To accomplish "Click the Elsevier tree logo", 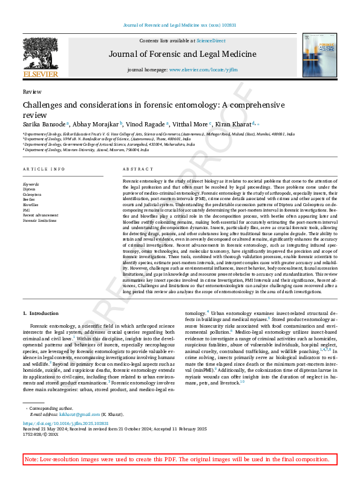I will tap(39, 54).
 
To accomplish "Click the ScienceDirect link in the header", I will tap(212, 41).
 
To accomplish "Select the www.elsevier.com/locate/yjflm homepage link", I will tap(201, 70).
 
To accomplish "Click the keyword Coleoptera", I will tap(32, 195).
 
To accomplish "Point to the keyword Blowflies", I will tap(31, 204).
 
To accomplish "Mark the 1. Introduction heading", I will tap(41, 313).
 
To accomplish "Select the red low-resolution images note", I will tap(180, 459).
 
